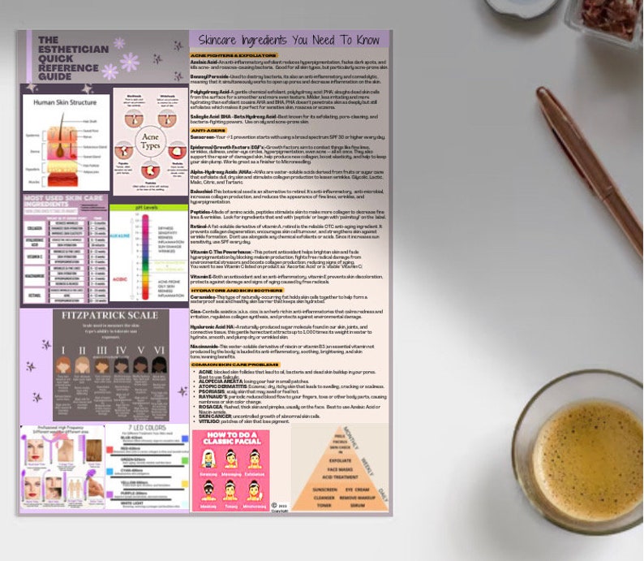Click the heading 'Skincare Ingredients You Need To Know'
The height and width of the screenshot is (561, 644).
pyautogui.click(x=288, y=40)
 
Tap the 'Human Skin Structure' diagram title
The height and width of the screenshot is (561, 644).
pyautogui.click(x=66, y=103)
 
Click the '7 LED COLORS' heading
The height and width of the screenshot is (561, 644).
pyautogui.click(x=147, y=428)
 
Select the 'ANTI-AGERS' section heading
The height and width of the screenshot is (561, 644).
pyautogui.click(x=208, y=130)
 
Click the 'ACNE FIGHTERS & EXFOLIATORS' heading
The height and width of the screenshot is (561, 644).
pyautogui.click(x=230, y=53)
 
